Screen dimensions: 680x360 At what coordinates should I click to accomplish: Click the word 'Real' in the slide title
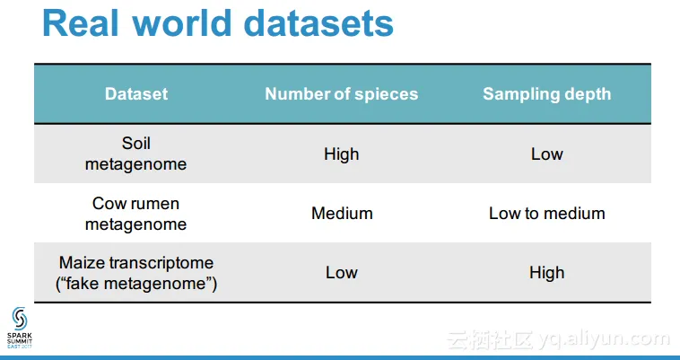81,23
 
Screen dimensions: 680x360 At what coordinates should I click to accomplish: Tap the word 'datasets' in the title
318,23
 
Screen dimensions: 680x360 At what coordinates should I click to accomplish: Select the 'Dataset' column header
136,94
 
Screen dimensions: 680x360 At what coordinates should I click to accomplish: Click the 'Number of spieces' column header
342,94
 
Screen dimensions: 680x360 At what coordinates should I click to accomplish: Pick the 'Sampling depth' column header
547,94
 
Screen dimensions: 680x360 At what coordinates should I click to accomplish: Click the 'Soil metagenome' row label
135,154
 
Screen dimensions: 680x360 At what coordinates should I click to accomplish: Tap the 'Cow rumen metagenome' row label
135,214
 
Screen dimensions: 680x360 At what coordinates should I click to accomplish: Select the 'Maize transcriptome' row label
136,263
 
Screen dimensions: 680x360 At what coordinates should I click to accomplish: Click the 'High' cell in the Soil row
342,154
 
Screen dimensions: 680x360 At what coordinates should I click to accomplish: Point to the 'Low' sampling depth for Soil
547,154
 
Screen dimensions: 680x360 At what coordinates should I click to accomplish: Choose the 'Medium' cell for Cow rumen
342,214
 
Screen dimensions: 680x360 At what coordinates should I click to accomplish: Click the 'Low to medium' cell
547,214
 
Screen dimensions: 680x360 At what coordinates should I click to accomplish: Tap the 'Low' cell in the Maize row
342,273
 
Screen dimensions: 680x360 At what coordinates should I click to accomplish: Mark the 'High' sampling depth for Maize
547,273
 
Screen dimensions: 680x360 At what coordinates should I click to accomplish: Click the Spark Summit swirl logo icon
20,319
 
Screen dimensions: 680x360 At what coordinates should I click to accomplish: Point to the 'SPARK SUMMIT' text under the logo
20,338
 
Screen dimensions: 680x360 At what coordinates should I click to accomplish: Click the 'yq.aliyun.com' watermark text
605,340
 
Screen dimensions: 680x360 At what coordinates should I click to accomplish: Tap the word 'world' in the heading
182,23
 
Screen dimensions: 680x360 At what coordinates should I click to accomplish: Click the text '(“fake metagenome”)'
136,284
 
